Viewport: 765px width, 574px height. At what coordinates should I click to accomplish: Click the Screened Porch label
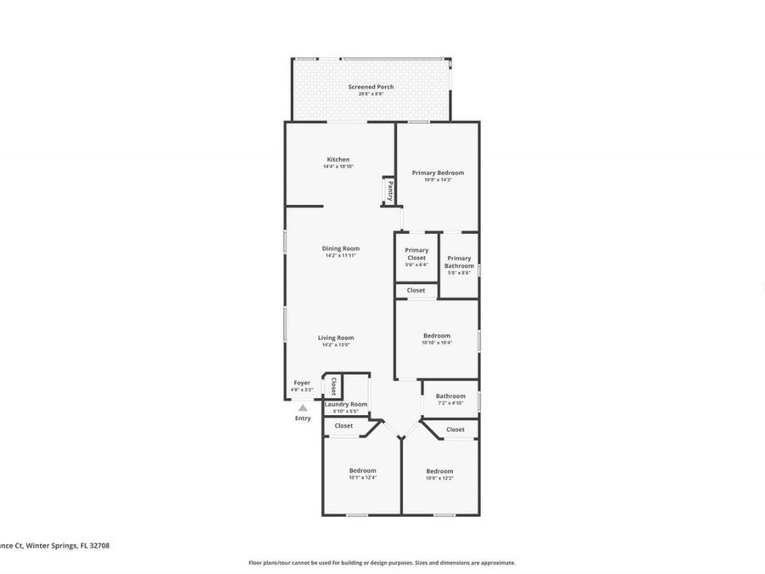pyautogui.click(x=371, y=87)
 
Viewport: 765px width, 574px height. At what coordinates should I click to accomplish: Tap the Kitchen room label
pyautogui.click(x=337, y=160)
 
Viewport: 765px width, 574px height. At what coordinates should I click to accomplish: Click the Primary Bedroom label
pyautogui.click(x=438, y=173)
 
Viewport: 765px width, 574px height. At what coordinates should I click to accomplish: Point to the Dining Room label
pyautogui.click(x=340, y=248)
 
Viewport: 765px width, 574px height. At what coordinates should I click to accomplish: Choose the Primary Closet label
pyautogui.click(x=416, y=253)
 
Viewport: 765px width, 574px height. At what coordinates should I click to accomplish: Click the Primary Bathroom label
pyautogui.click(x=459, y=262)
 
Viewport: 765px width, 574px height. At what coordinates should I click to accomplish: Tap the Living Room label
pyautogui.click(x=336, y=338)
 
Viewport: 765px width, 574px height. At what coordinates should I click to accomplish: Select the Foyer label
pyautogui.click(x=302, y=383)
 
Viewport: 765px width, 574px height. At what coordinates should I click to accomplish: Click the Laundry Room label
pyautogui.click(x=346, y=404)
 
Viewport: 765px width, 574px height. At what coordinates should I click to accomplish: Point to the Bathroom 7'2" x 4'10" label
pyautogui.click(x=450, y=396)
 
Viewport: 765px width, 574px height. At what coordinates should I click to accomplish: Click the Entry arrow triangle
pyautogui.click(x=303, y=408)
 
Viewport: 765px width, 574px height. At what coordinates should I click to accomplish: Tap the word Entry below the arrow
pyautogui.click(x=303, y=418)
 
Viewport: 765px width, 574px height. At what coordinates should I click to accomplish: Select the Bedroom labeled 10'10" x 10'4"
pyautogui.click(x=437, y=336)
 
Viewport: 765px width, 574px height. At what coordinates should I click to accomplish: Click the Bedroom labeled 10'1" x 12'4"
pyautogui.click(x=362, y=470)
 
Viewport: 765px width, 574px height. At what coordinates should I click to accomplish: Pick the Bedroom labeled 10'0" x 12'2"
pyautogui.click(x=439, y=471)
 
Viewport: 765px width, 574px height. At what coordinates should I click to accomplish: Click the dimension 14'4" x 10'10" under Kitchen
pyautogui.click(x=337, y=167)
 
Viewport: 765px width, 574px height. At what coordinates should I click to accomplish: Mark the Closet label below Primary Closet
pyautogui.click(x=416, y=290)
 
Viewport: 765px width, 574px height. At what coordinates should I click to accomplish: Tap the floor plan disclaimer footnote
pyautogui.click(x=382, y=562)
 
